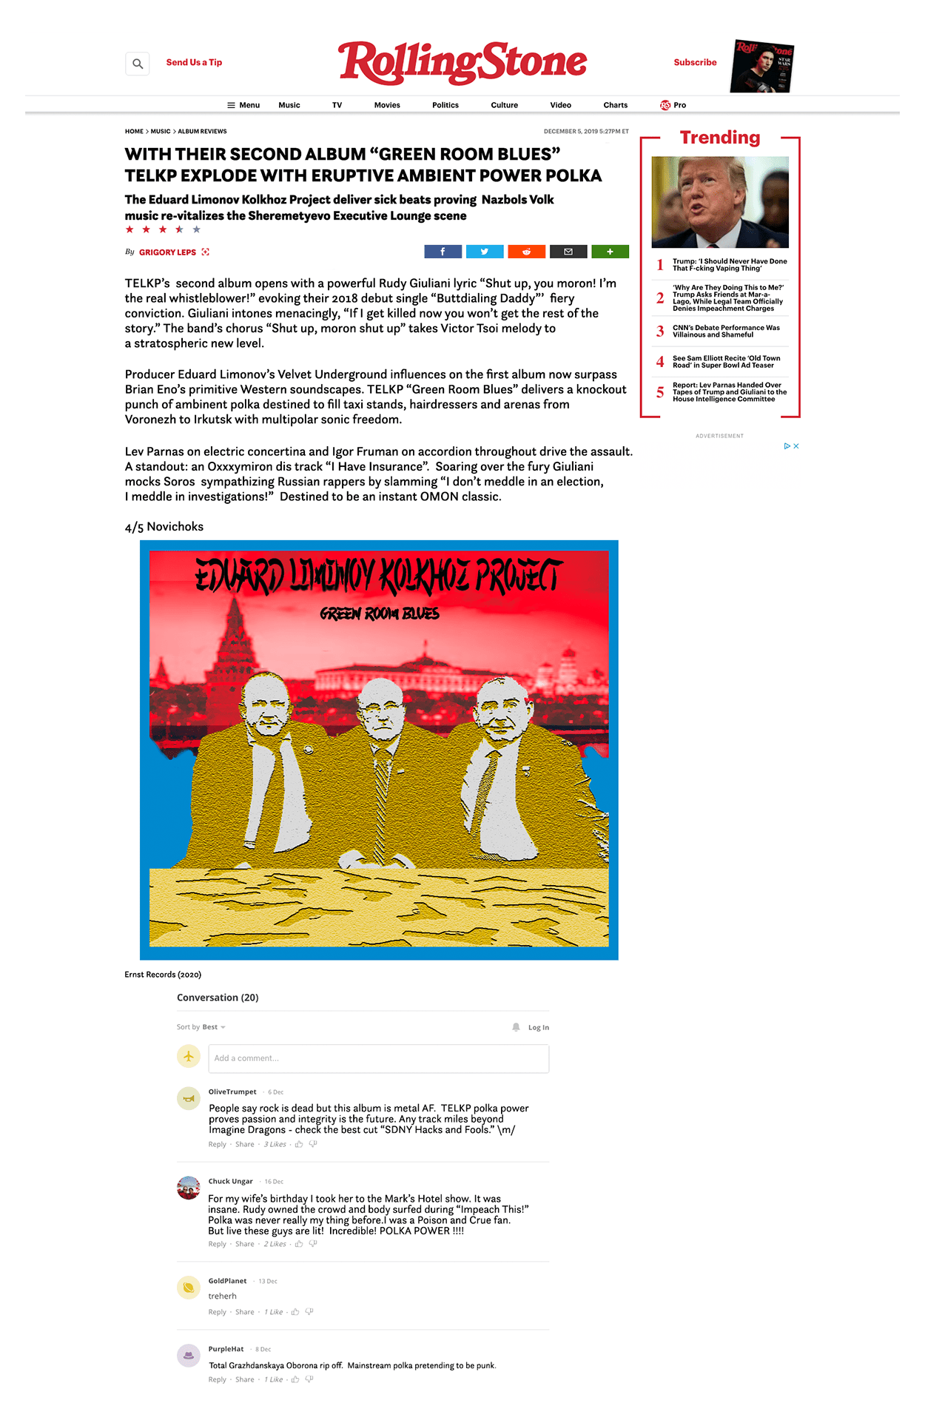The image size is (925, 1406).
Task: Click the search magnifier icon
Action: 138,64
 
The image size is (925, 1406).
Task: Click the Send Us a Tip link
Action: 194,63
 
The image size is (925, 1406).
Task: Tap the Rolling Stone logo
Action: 462,63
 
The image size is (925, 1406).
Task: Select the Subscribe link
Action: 695,63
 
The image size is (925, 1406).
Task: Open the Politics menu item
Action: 445,105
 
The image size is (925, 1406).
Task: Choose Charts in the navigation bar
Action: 615,105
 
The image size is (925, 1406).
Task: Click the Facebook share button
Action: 443,252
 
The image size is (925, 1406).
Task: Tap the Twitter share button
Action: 485,252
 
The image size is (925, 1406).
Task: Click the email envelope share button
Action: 568,252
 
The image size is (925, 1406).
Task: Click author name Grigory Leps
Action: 167,252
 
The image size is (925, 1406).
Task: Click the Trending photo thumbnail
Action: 720,202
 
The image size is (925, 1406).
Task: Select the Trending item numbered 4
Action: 726,362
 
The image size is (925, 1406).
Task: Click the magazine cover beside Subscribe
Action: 762,67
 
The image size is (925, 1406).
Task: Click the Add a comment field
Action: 378,1058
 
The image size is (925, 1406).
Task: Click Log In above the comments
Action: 538,1027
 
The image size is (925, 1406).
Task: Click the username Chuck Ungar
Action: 230,1181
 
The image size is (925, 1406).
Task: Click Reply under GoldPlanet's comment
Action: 217,1312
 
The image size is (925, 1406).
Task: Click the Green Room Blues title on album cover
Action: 380,613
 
